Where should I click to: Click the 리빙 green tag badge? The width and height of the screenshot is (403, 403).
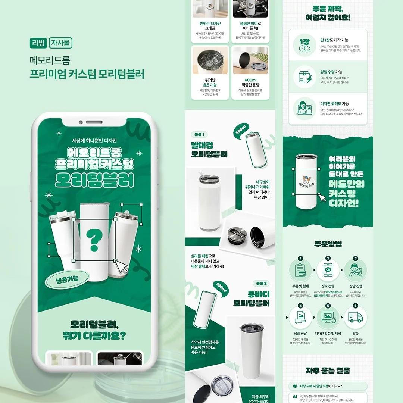(38, 43)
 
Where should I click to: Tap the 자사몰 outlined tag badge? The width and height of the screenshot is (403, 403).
(60, 43)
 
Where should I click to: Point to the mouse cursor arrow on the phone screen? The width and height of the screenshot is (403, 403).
(122, 266)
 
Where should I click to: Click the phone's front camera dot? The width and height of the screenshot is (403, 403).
(80, 122)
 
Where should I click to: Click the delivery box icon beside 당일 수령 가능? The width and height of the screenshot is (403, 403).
(304, 77)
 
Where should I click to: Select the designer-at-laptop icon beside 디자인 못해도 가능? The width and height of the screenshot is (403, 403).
(304, 108)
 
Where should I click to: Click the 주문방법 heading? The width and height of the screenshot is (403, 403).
(328, 244)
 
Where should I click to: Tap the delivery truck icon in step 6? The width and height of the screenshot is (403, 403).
(355, 318)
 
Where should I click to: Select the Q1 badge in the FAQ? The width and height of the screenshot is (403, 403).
(295, 386)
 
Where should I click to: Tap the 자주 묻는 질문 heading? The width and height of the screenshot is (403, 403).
(328, 371)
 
